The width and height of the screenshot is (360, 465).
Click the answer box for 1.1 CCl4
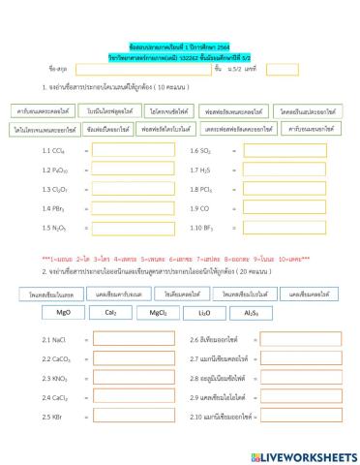[x=125, y=150]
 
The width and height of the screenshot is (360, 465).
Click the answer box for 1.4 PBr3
[x=125, y=208]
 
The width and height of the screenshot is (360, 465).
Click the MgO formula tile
[x=64, y=313]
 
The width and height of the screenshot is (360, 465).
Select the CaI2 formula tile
[x=110, y=313]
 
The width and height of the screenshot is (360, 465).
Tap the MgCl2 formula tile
[x=158, y=313]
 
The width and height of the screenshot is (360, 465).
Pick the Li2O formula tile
[x=204, y=313]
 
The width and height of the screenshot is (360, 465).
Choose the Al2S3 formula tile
[x=252, y=313]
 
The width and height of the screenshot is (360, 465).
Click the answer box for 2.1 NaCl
[x=125, y=340]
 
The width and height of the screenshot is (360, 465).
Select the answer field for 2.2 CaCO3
[x=125, y=359]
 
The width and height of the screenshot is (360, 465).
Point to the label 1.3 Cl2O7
[x=54, y=189]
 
